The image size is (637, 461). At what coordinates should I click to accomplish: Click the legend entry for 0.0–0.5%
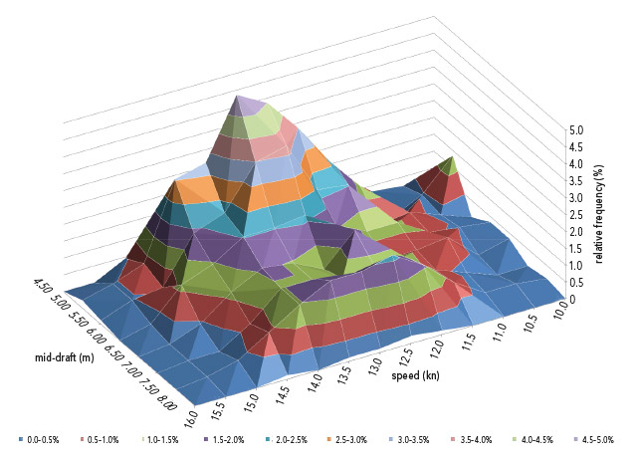[x=39, y=439]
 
